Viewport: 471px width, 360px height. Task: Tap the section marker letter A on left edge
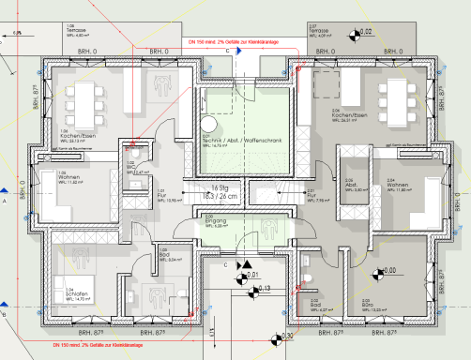(x=6, y=200)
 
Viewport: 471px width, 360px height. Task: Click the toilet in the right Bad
(x=309, y=278)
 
